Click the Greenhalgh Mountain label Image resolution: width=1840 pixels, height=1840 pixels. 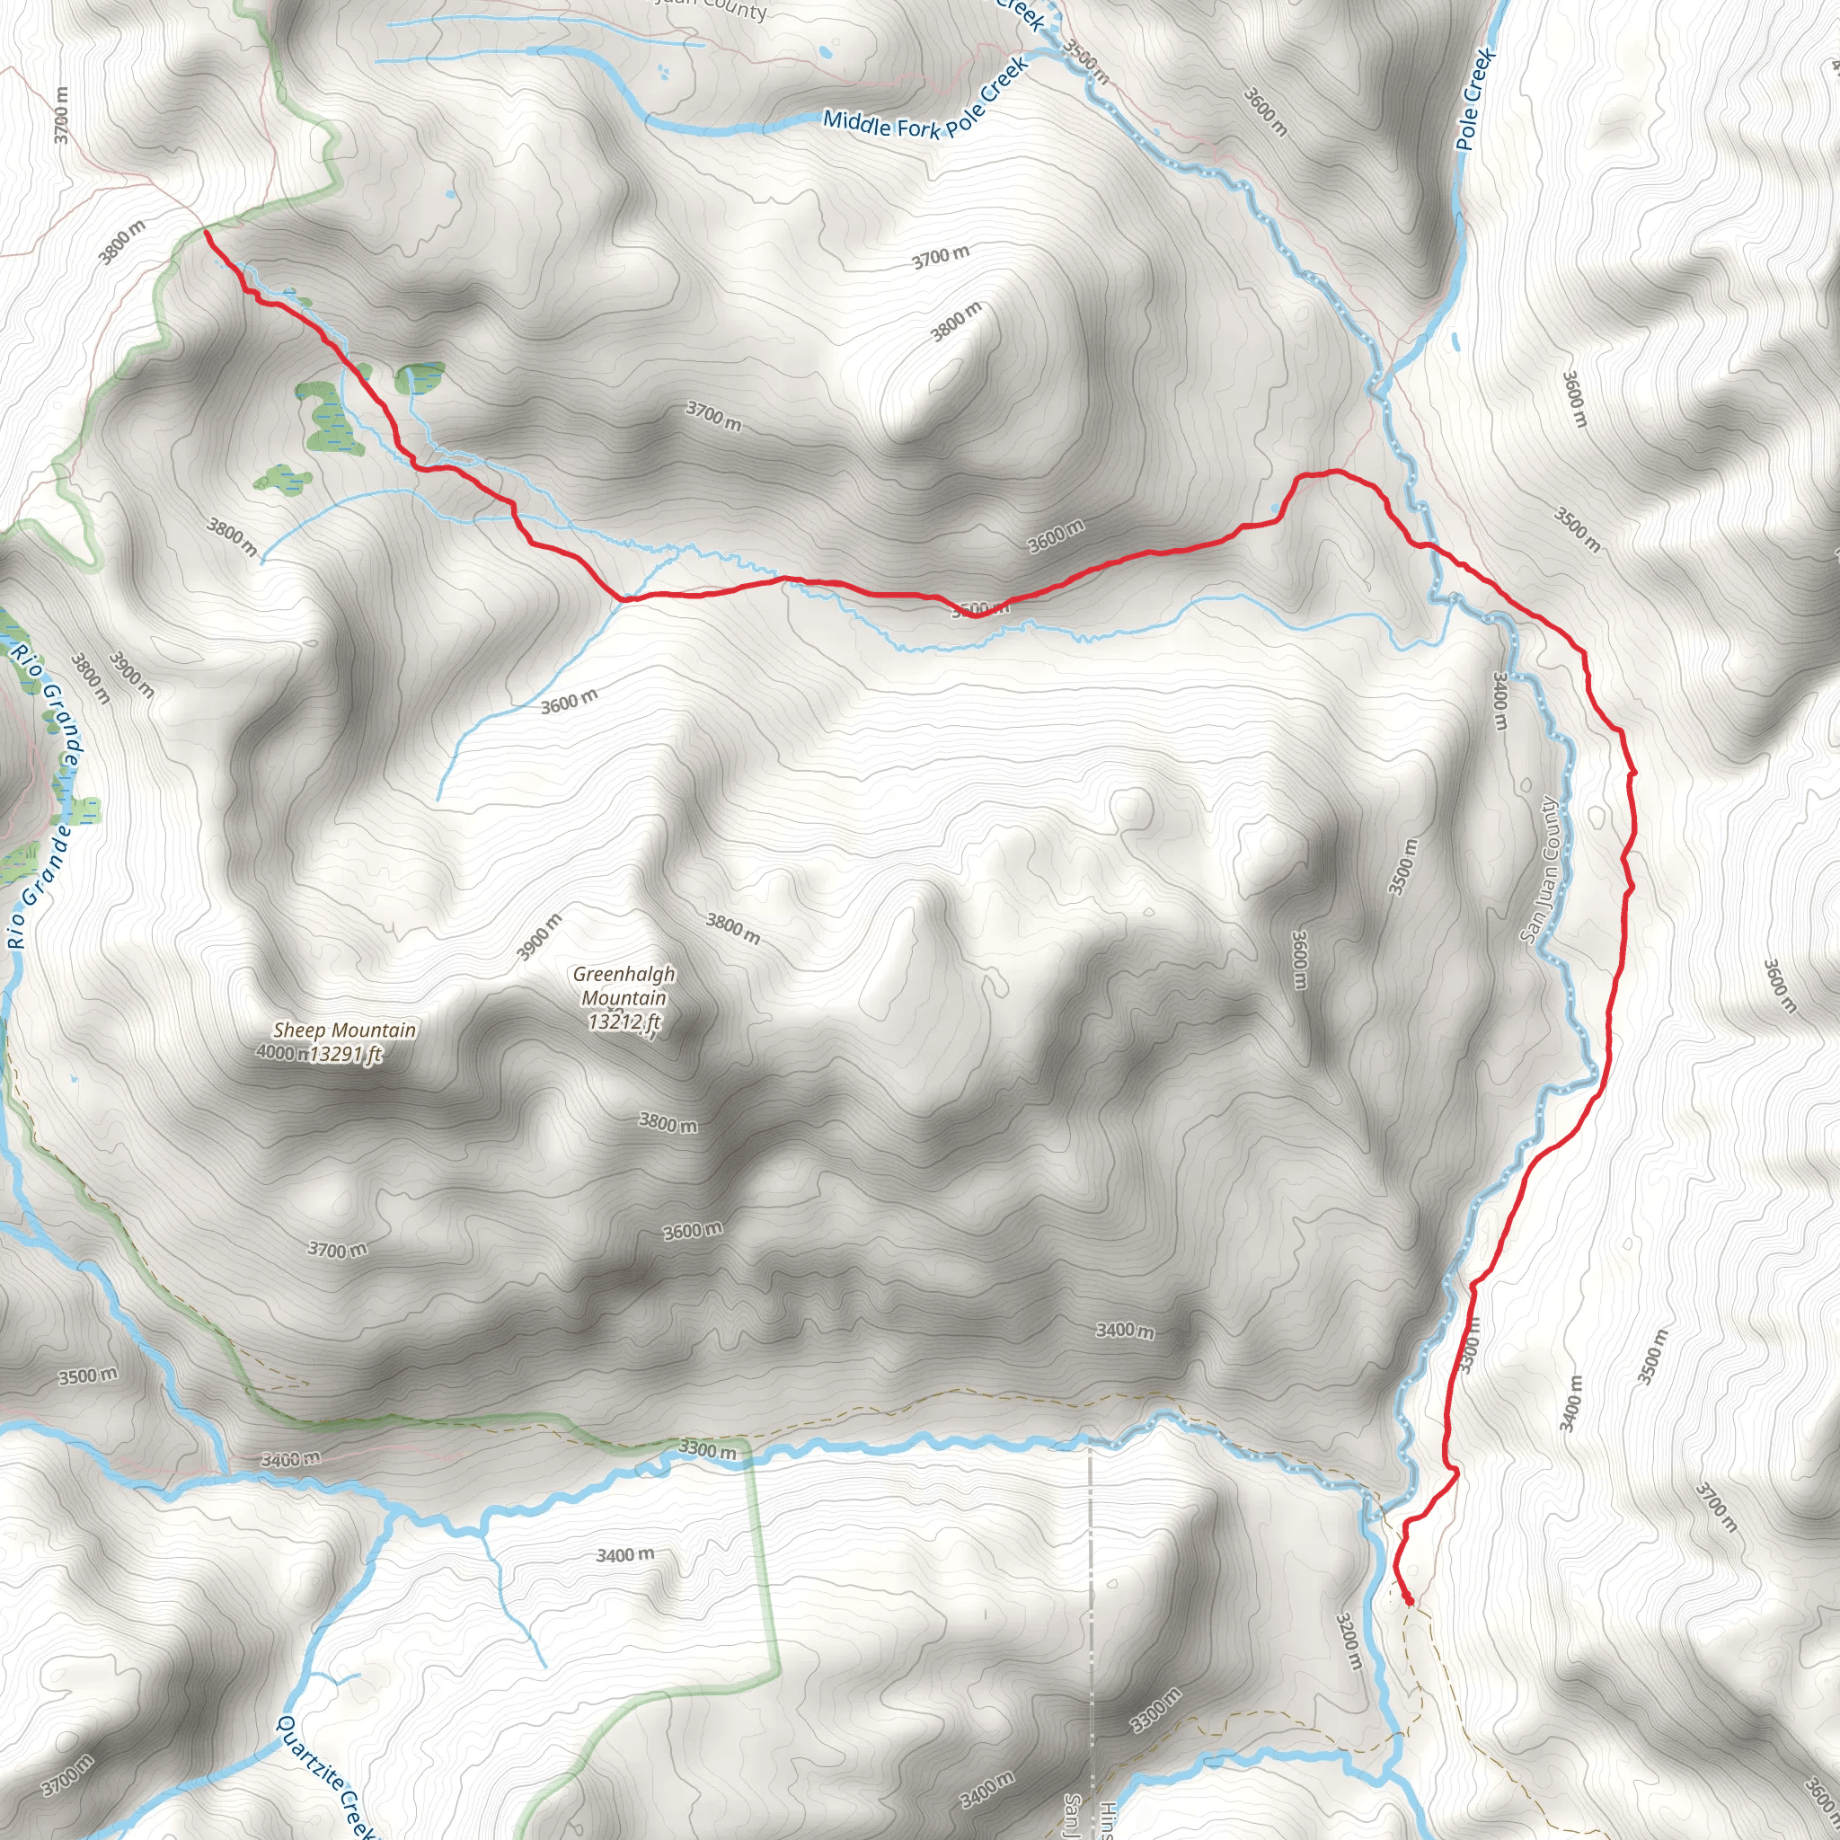click(624, 986)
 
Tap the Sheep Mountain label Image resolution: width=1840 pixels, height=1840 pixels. click(345, 1030)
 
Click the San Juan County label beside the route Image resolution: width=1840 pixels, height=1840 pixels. click(1540, 871)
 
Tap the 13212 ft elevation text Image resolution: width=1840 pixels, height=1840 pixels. click(624, 1022)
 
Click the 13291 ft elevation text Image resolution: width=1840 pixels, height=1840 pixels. click(347, 1053)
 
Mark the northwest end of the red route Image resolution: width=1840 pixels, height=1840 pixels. click(207, 232)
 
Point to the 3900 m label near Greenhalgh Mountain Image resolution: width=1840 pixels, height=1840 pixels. click(539, 937)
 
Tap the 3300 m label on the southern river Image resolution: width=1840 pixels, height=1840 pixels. click(707, 1449)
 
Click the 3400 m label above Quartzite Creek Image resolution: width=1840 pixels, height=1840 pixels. click(624, 1555)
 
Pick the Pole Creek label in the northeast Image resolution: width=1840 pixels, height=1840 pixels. click(1475, 99)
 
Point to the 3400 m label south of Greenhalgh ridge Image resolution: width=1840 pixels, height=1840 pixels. click(1125, 1330)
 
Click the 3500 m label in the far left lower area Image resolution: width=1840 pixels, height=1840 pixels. click(88, 1376)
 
